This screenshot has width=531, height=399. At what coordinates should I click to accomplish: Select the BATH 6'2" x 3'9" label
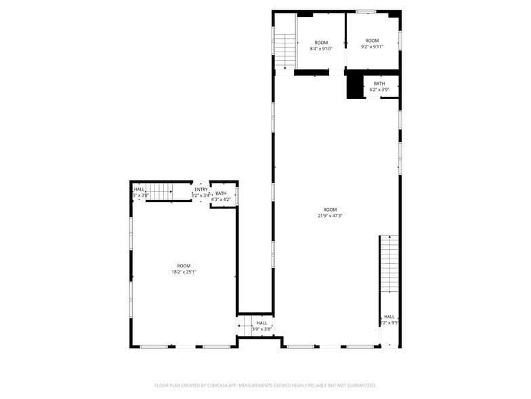379,86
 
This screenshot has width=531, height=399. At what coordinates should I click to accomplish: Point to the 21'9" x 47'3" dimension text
330,216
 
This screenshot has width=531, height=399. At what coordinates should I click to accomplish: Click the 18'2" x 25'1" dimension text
184,272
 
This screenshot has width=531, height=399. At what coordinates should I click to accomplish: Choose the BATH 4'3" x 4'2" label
221,197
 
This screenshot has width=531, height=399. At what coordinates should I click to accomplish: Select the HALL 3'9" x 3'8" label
261,326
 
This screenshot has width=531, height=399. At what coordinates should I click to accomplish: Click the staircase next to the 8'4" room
285,50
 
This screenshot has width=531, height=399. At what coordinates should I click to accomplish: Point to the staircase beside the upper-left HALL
161,192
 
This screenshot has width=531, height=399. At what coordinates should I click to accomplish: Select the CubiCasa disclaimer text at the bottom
265,385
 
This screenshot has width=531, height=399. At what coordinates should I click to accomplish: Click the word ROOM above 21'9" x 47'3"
330,210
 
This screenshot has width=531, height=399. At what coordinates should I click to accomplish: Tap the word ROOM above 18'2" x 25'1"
184,266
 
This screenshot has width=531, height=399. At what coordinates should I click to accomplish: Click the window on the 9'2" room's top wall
366,12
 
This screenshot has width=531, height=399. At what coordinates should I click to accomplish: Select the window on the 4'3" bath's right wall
237,195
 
